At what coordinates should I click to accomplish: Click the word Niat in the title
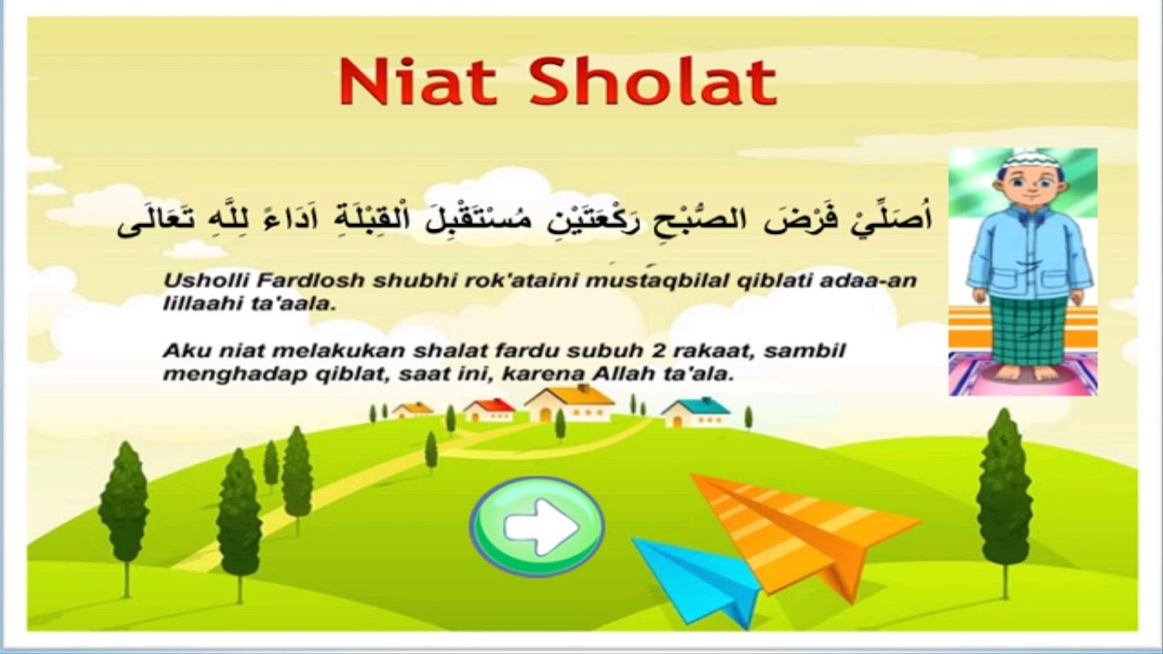[x=419, y=82]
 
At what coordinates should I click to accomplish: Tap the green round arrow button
[x=537, y=526]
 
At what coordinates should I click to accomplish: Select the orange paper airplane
[x=804, y=535]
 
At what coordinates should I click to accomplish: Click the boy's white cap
[x=1031, y=159]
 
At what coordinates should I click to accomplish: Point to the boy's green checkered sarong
[x=1029, y=329]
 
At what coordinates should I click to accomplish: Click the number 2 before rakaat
[x=656, y=351]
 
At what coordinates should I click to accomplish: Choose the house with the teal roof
[x=696, y=412]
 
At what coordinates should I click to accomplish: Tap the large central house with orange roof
[x=569, y=403]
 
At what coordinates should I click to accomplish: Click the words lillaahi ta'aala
[x=249, y=303]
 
